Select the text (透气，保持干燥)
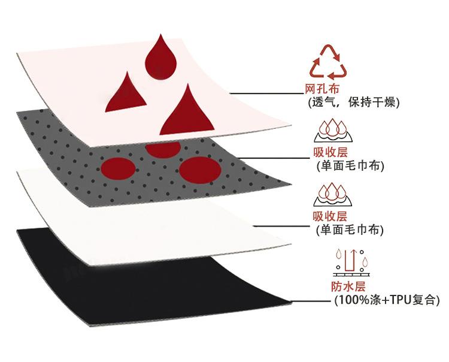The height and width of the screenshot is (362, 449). (x=353, y=102)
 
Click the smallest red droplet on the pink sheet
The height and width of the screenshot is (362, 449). (x=126, y=93)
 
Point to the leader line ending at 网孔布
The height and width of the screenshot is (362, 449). (x=266, y=93)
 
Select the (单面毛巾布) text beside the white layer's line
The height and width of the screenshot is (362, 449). (x=350, y=230)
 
